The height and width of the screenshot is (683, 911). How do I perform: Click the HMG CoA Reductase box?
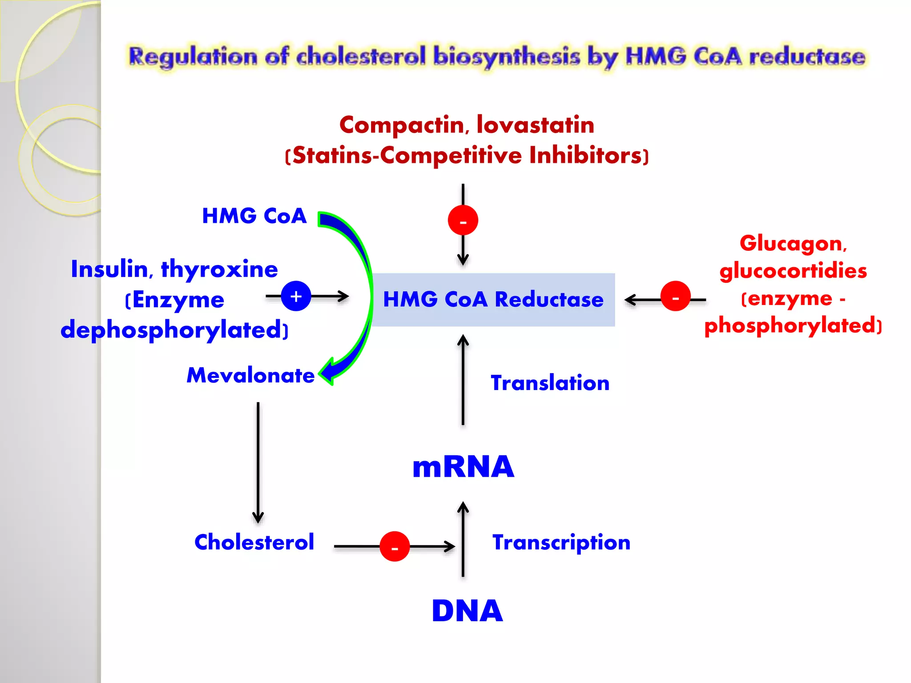[x=493, y=300]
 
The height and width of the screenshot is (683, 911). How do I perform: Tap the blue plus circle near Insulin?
[x=296, y=296]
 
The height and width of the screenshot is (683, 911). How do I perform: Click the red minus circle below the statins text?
[x=463, y=220]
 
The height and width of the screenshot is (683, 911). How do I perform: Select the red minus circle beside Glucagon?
[x=675, y=296]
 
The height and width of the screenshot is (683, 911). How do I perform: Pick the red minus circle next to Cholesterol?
[x=395, y=546]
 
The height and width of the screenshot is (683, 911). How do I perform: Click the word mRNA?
[x=463, y=467]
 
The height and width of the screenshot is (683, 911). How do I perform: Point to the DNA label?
[x=467, y=611]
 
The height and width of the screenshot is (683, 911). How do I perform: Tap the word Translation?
[x=550, y=383]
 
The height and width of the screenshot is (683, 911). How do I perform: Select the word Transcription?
[x=561, y=542]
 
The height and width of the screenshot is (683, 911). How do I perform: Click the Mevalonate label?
[x=250, y=375]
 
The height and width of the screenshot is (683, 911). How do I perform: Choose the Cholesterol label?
[x=254, y=542]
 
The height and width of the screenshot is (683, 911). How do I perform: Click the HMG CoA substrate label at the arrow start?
[x=254, y=216]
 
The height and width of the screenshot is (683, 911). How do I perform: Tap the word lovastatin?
[x=535, y=125]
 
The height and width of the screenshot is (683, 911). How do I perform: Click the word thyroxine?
[x=219, y=269]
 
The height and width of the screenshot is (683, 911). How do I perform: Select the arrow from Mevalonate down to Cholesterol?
[x=258, y=462]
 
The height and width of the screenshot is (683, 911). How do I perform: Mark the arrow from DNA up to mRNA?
[x=463, y=540]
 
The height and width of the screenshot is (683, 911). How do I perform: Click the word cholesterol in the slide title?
[x=361, y=57]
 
